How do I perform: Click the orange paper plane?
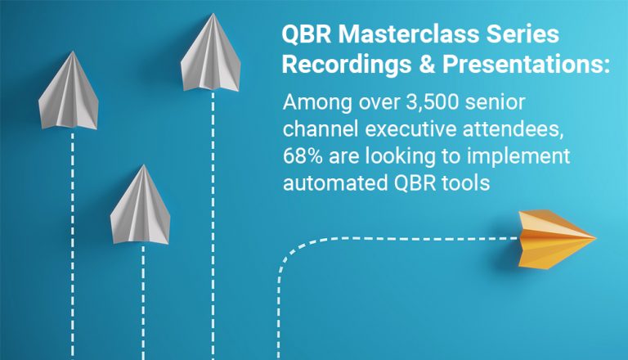(x=556, y=236)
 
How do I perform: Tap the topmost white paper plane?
(x=213, y=56)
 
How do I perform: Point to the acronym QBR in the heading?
(x=304, y=34)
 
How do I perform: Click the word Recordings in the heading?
(x=338, y=65)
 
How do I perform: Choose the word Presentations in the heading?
(x=517, y=65)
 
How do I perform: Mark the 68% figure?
(x=303, y=156)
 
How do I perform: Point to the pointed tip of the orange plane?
(x=595, y=238)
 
